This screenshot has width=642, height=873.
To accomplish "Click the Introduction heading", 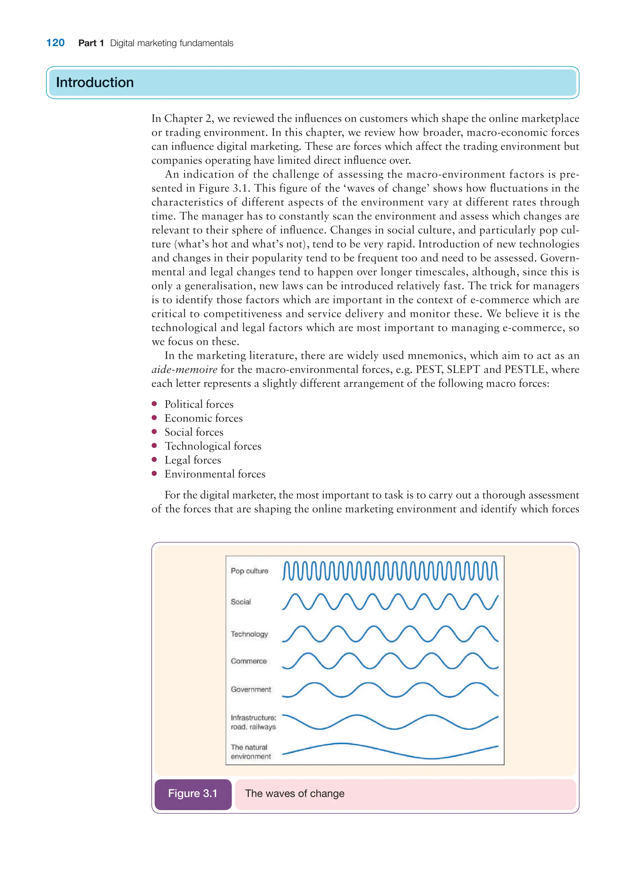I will click(95, 83).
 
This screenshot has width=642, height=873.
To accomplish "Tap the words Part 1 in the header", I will click(91, 43).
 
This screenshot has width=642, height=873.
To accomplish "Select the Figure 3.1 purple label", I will click(193, 793).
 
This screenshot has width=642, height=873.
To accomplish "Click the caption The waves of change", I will click(295, 793).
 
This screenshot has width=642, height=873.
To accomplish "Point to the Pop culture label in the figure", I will click(250, 571).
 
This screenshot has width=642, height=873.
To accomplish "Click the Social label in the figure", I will click(241, 602).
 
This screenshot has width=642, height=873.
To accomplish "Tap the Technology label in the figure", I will click(250, 634).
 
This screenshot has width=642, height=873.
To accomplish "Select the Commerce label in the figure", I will click(249, 661).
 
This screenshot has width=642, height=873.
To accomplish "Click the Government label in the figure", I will click(251, 689).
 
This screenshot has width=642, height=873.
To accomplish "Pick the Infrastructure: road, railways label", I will click(253, 722).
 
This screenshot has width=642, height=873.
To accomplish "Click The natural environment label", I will click(251, 752).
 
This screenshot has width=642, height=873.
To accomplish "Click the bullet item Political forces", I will click(199, 404).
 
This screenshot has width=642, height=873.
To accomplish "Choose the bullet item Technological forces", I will click(213, 446).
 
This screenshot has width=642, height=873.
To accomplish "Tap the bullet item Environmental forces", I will click(215, 474).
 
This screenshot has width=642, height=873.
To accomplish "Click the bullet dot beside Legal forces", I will click(154, 460).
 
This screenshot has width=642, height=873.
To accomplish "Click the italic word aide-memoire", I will click(184, 370).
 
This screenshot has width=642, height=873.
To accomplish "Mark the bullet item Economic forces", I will click(204, 418).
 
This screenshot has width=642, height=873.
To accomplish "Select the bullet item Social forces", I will click(194, 432).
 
